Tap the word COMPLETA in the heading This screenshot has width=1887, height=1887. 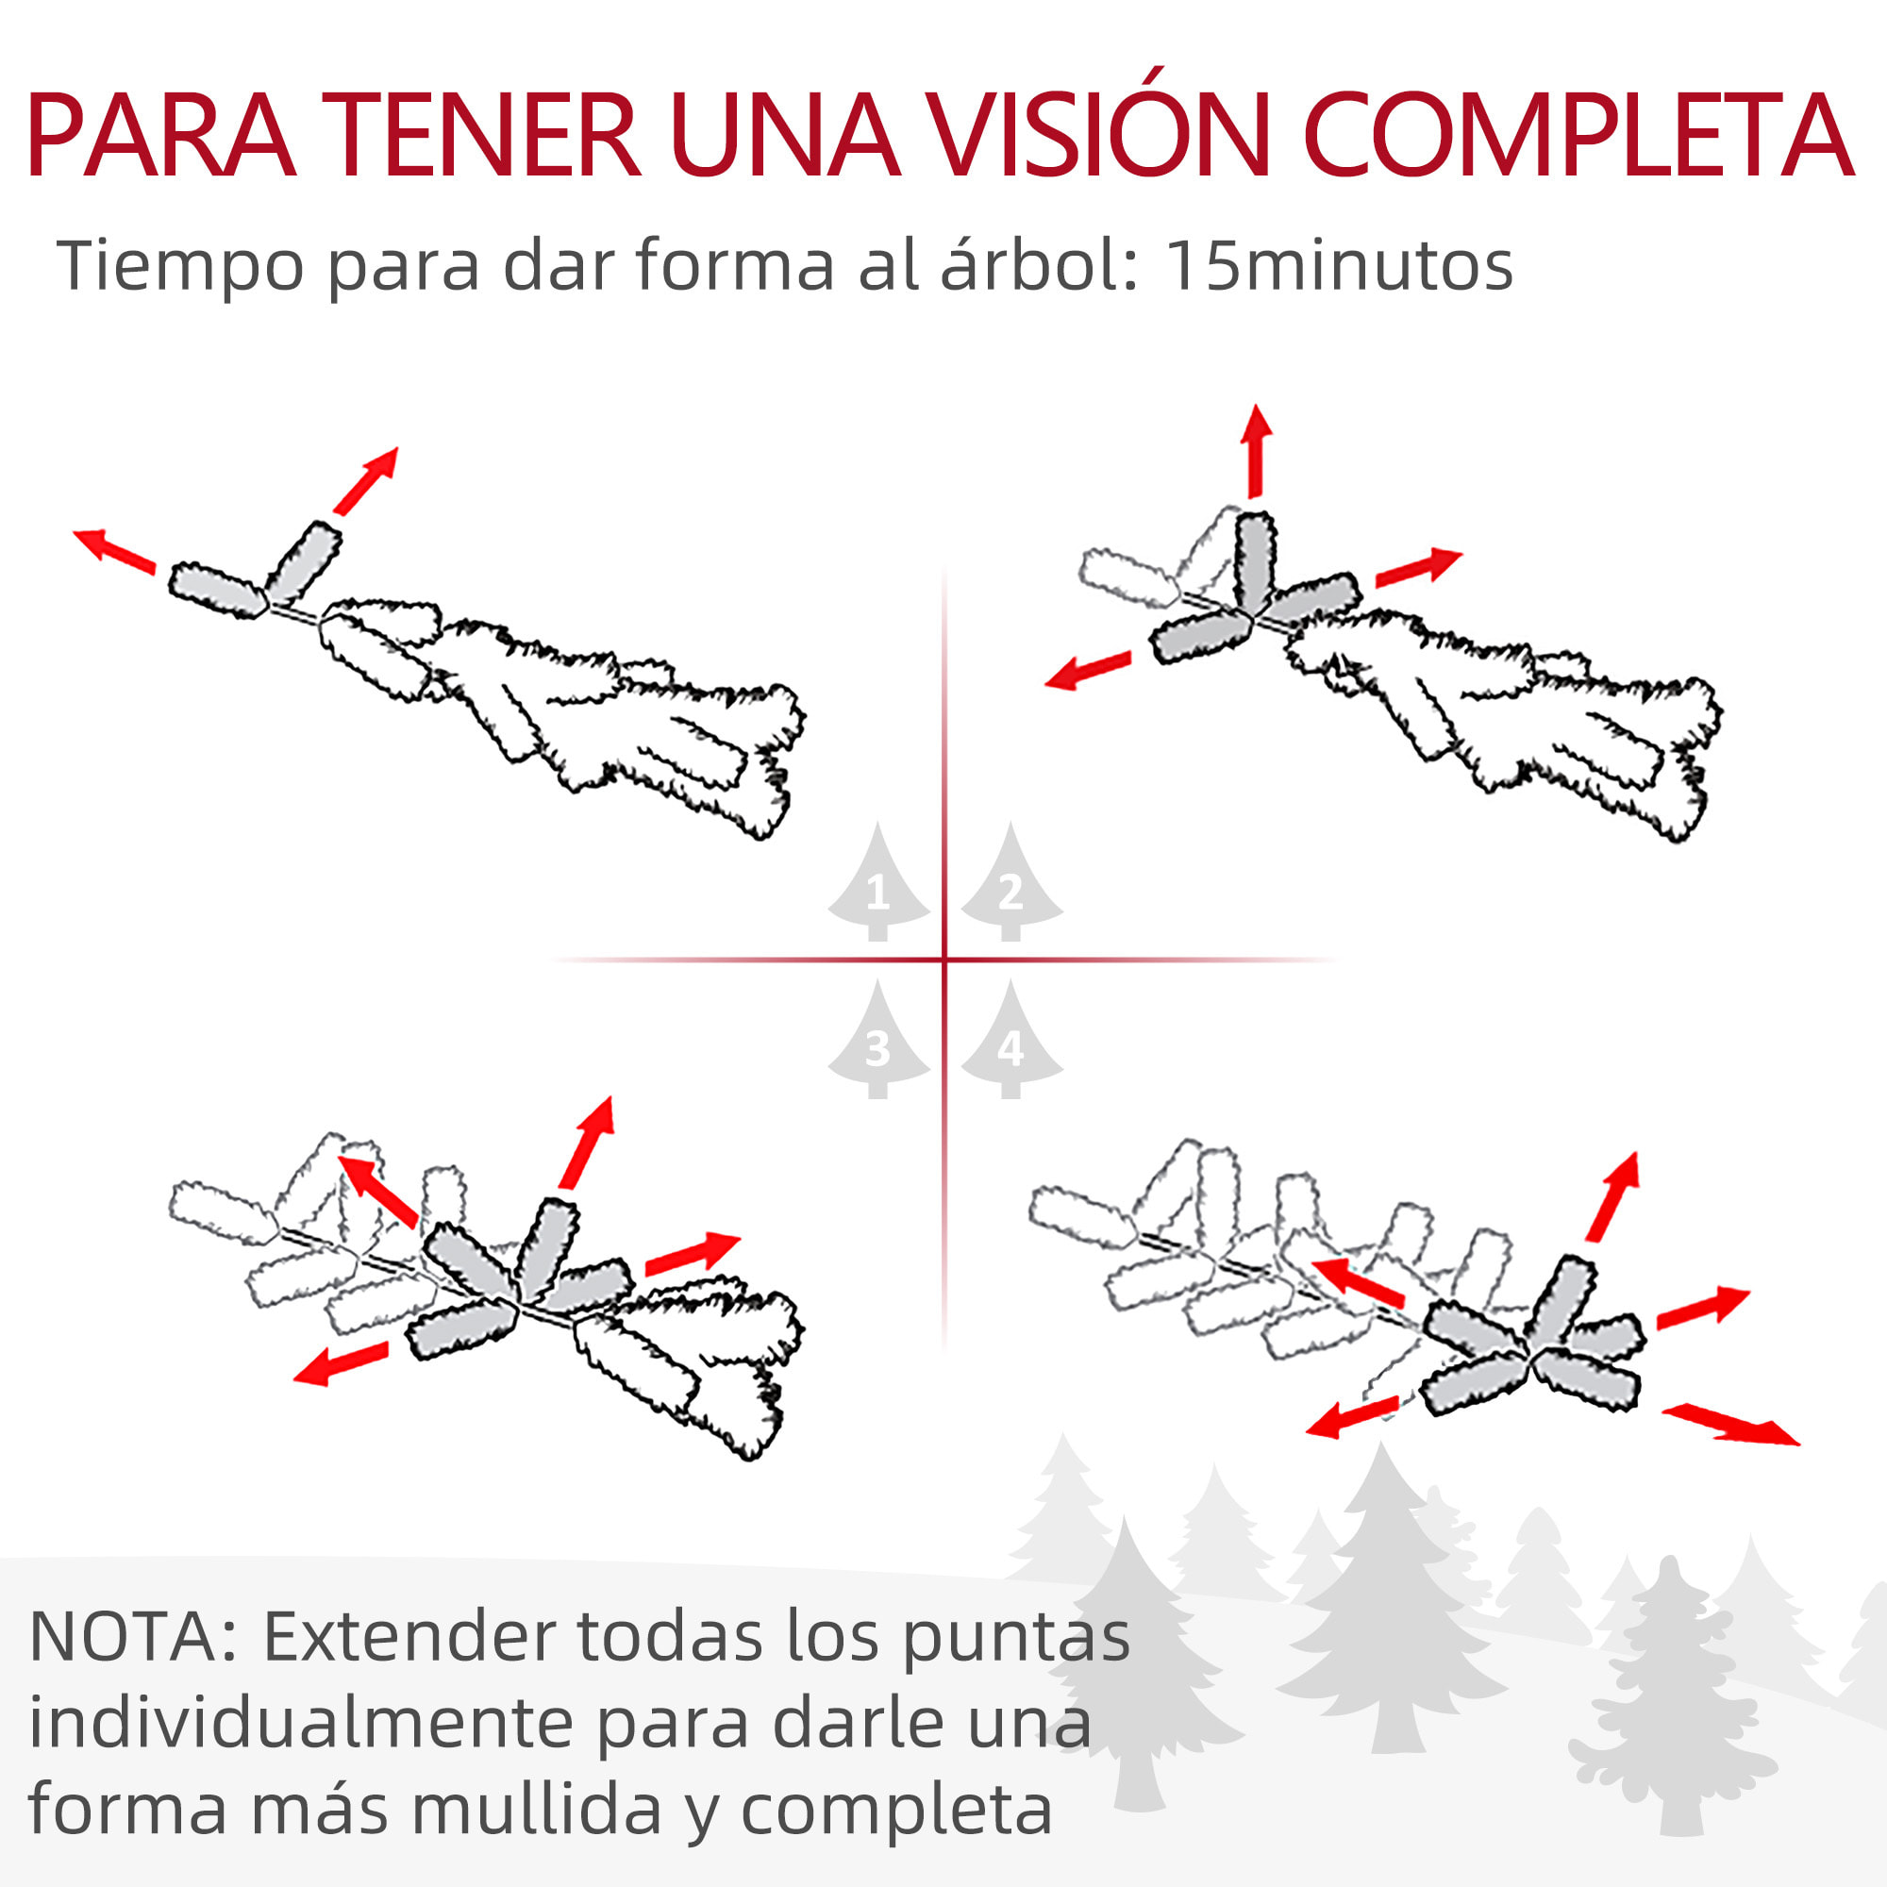click(x=1578, y=137)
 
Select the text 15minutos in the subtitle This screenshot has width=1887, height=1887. click(x=1340, y=266)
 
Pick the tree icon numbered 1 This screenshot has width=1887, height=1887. click(x=877, y=884)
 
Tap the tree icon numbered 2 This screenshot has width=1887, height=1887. click(x=1010, y=884)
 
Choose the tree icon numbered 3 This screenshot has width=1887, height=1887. click(x=877, y=1044)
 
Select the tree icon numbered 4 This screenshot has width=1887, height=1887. click(x=1010, y=1044)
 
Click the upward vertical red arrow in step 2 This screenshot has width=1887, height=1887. click(x=1256, y=451)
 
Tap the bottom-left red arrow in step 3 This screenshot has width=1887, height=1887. click(x=341, y=1363)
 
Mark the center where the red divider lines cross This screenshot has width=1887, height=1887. click(x=944, y=960)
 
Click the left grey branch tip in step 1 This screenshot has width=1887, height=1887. click(x=217, y=590)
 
